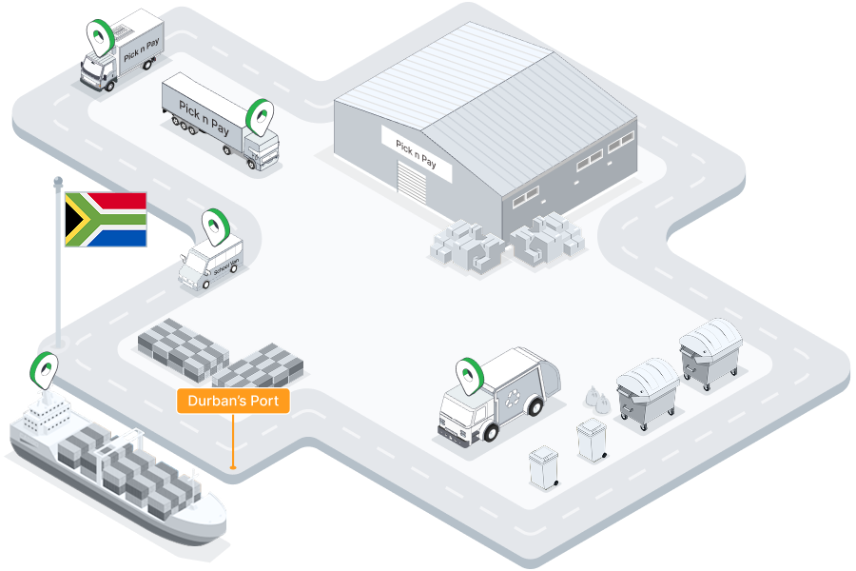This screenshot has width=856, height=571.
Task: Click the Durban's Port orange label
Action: tap(233, 401)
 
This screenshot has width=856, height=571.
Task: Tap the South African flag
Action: tap(105, 219)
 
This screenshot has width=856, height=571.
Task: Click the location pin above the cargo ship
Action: tap(45, 367)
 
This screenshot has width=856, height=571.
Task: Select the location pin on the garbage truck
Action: tap(469, 374)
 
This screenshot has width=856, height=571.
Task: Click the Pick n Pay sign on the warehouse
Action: tap(417, 152)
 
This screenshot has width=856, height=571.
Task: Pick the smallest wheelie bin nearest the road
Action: tap(544, 468)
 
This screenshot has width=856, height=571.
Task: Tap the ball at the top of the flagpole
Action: tap(58, 180)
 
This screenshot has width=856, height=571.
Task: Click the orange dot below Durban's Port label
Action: tap(233, 466)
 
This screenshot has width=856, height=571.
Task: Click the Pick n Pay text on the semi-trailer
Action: tap(202, 116)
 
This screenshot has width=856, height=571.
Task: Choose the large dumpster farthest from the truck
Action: tap(710, 353)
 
